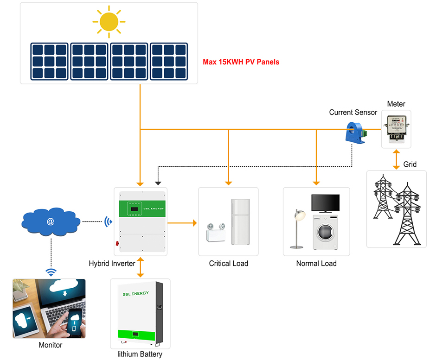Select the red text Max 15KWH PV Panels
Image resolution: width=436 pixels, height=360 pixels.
tap(241, 62)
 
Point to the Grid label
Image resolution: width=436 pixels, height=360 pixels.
tap(410, 164)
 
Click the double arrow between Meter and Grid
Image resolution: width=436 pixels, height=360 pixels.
tap(396, 159)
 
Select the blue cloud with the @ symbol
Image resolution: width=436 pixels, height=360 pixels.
tap(51, 221)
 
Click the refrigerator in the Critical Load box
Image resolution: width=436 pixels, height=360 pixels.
tap(240, 222)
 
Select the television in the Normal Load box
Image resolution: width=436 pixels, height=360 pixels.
tap(325, 203)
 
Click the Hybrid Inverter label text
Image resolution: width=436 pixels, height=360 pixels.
tap(112, 263)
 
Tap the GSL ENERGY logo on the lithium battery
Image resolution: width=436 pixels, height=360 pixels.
tap(136, 294)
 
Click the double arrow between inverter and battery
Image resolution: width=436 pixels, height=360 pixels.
tap(140, 267)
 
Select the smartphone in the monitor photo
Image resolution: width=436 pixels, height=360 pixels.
tap(74, 323)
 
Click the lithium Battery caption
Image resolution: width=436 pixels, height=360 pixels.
tap(140, 354)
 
